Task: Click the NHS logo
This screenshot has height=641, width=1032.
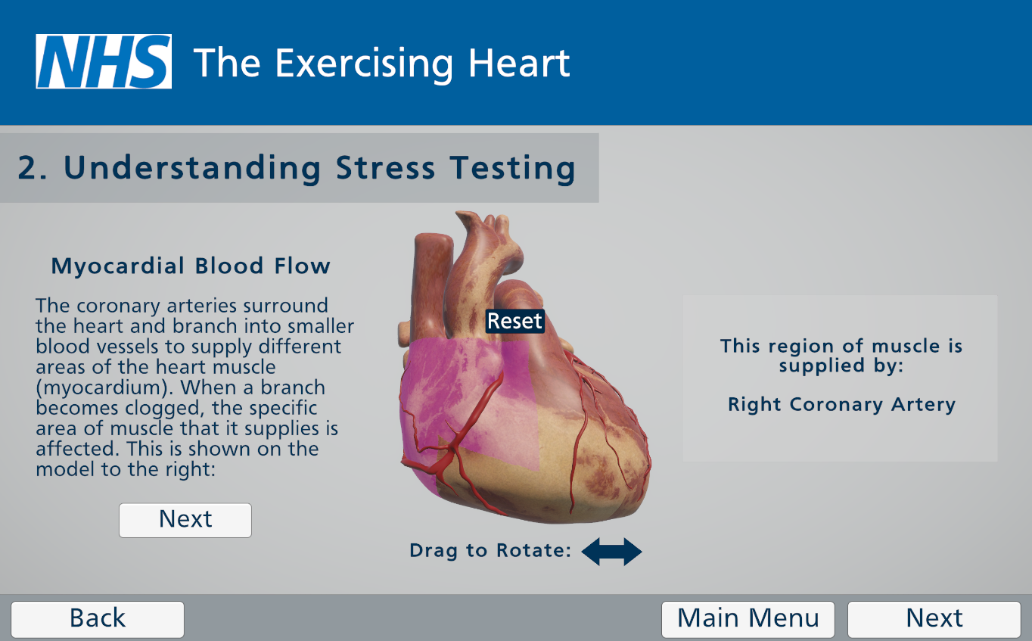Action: point(104,61)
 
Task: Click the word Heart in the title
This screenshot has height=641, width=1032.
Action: point(519,63)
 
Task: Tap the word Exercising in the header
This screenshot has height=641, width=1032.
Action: point(364,64)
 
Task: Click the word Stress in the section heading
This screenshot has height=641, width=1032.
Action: point(386,167)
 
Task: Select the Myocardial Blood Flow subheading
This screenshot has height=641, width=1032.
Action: point(191,266)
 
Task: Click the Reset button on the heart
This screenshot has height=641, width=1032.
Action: point(514,321)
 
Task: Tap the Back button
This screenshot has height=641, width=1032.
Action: point(98,619)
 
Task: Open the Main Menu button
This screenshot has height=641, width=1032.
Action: point(748,619)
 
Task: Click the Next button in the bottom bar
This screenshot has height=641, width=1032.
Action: point(934,619)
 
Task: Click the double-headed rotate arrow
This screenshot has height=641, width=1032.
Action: point(611,551)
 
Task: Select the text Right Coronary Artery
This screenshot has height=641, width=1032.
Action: point(841,405)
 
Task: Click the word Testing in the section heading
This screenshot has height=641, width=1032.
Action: point(513,168)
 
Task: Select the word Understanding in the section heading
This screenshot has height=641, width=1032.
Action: point(191,168)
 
